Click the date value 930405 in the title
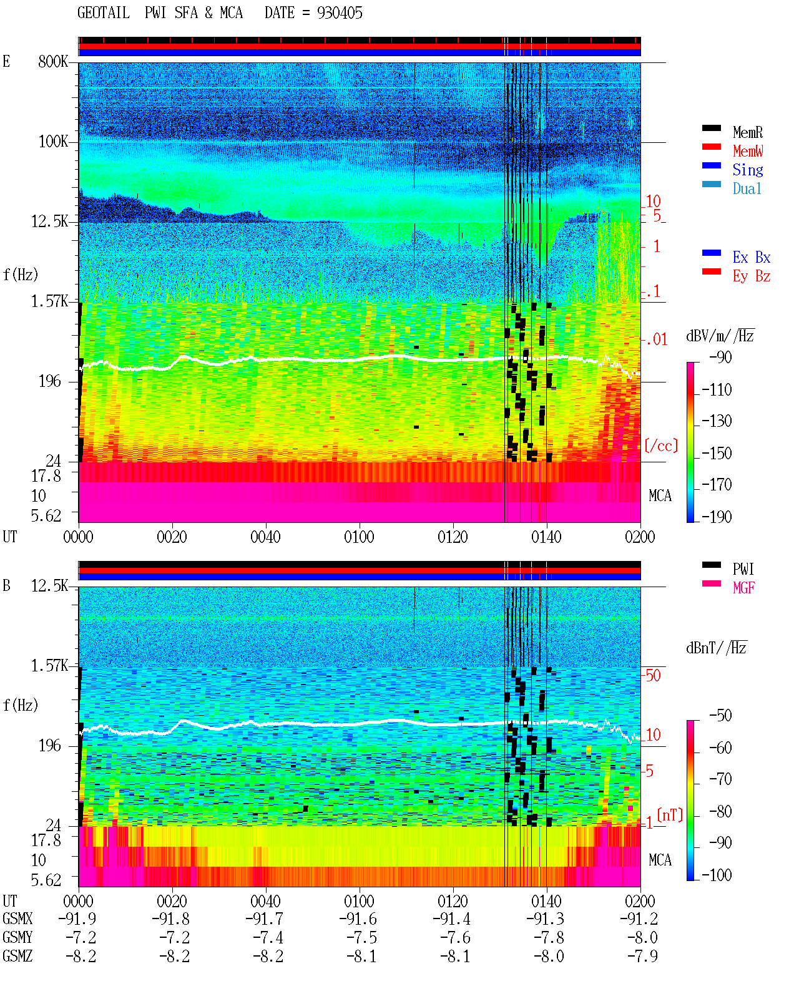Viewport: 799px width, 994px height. tap(340, 13)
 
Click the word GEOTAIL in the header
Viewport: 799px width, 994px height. tap(104, 13)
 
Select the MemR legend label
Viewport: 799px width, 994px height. tap(747, 132)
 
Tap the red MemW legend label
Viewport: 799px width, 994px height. tap(747, 151)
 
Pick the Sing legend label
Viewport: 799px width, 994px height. tap(747, 170)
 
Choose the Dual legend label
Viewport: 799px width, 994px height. tap(747, 188)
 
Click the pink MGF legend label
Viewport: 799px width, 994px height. tap(743, 588)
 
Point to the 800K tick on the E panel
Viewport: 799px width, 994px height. tap(53, 61)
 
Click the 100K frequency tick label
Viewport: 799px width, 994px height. tap(53, 142)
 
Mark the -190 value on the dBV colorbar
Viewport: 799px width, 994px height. tap(717, 517)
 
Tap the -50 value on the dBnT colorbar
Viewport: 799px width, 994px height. tap(720, 716)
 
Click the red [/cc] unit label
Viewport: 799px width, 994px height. tap(661, 446)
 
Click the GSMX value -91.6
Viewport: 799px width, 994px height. tap(358, 918)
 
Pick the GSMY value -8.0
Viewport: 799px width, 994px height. tap(642, 937)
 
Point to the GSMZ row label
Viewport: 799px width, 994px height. tap(17, 956)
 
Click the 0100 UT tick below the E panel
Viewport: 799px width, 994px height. tap(359, 537)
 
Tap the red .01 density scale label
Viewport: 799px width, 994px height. tap(657, 340)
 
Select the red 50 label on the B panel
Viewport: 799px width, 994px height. tap(653, 676)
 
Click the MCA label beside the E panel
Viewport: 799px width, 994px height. tap(660, 495)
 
